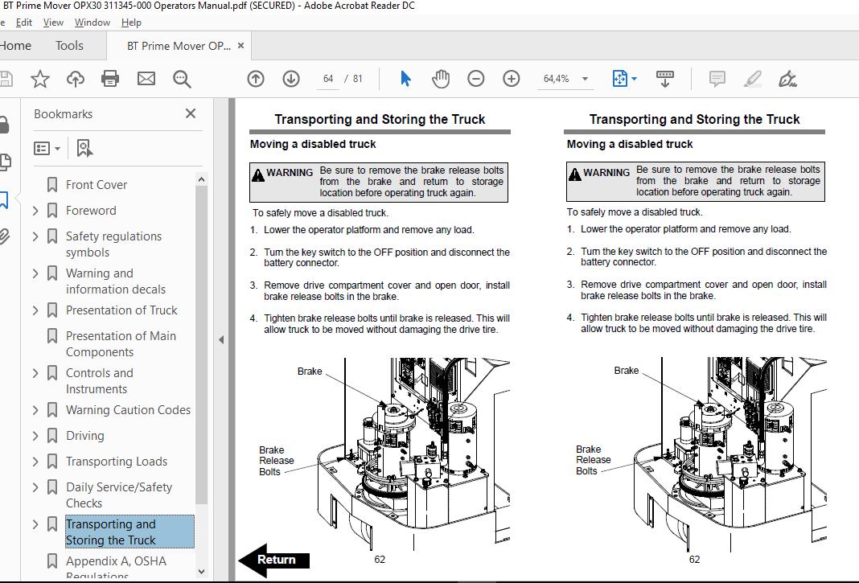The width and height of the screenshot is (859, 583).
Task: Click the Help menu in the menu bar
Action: click(131, 23)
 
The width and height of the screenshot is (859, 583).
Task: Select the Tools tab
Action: click(69, 46)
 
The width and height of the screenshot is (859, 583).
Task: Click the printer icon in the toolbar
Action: click(110, 79)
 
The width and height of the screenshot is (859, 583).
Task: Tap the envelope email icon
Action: click(146, 79)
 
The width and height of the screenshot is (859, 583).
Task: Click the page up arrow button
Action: click(256, 79)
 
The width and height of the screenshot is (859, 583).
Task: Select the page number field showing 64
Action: click(328, 79)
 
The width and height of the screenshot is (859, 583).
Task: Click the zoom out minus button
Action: click(476, 79)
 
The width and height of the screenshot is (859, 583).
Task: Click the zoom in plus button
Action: click(512, 79)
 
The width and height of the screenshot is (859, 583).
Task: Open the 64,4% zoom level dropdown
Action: click(585, 79)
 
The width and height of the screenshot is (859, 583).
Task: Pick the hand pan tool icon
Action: click(441, 79)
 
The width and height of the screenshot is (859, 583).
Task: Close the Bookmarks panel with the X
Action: click(191, 114)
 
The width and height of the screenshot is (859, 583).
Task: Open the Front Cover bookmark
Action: click(97, 185)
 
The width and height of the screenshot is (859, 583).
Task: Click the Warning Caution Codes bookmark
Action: click(128, 410)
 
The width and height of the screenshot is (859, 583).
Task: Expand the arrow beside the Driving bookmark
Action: click(35, 436)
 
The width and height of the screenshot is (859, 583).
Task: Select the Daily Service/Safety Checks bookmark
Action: click(118, 495)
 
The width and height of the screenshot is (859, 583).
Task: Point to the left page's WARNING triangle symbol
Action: click(257, 174)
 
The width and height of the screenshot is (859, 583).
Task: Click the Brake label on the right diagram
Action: click(627, 371)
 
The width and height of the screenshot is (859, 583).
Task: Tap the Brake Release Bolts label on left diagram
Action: click(276, 461)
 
